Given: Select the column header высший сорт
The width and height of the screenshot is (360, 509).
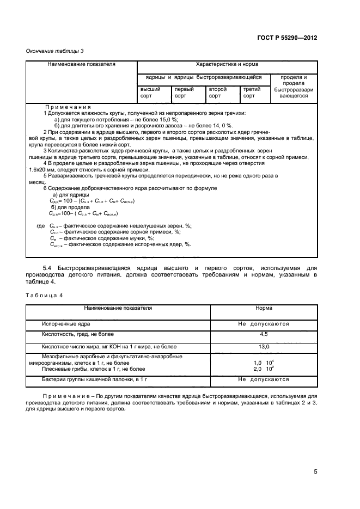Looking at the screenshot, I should click(150, 92).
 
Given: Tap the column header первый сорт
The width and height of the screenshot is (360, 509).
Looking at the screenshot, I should click(184, 92).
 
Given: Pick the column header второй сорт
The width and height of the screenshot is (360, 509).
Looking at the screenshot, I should click(218, 92).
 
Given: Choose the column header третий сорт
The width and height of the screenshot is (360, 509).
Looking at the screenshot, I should click(252, 92).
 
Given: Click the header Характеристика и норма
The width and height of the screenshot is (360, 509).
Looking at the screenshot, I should click(226, 64).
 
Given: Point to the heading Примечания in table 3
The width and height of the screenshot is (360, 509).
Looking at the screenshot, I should click(68, 107).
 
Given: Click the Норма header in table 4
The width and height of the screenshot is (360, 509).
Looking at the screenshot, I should click(264, 308).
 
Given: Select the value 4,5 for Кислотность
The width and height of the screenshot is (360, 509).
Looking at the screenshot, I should click(264, 334).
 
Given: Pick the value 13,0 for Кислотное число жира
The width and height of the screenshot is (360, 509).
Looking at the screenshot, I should click(264, 346).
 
